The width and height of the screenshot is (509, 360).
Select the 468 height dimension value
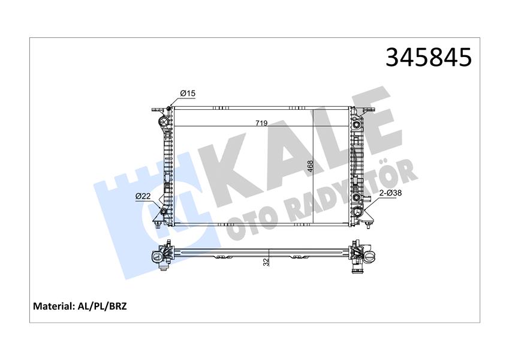tap(311, 166)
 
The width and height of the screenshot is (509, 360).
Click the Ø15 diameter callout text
tap(188, 93)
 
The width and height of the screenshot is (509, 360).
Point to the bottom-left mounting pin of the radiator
tap(157, 226)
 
